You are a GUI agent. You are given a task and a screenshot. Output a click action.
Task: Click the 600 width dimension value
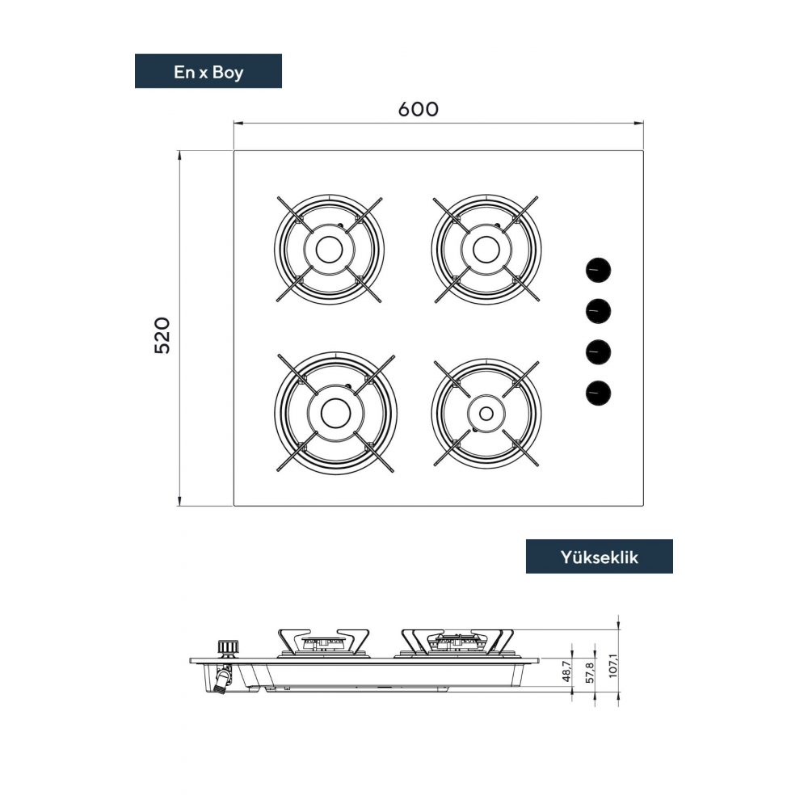pos(418,109)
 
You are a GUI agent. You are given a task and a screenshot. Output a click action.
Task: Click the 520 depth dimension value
pos(162,335)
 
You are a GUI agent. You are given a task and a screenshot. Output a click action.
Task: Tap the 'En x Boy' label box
pos(208,71)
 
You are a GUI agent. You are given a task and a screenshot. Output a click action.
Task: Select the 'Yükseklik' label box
pos(599,557)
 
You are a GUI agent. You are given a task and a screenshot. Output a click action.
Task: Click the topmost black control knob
pos(598,269)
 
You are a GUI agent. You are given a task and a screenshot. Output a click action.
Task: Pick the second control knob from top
pos(598,310)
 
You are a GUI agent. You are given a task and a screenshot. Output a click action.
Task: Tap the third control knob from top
pos(598,352)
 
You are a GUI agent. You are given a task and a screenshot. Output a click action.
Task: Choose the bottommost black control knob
pos(598,393)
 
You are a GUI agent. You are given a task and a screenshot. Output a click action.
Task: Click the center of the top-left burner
pos(329,250)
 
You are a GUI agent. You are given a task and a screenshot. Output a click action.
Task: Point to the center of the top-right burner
pos(486,250)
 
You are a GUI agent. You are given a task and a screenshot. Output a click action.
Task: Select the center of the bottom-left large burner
pos(335,413)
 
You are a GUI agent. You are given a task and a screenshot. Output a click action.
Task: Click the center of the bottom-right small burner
pos(486,413)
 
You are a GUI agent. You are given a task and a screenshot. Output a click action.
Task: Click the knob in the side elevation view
pos(227,648)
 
